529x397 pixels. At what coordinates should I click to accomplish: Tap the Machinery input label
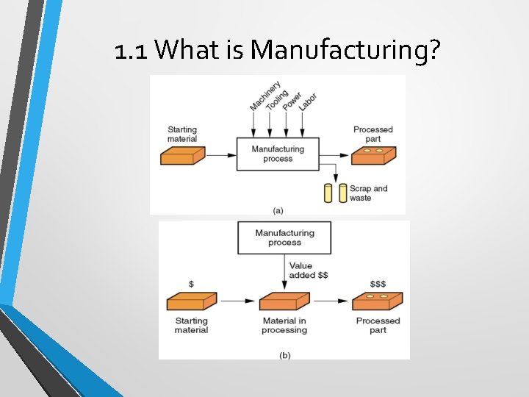coord(258,97)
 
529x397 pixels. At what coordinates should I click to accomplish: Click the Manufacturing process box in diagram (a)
coord(277,154)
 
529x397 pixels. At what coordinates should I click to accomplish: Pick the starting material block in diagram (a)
coord(182,156)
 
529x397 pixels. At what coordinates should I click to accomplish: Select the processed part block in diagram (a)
coord(373,155)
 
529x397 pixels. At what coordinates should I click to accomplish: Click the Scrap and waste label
coord(369,193)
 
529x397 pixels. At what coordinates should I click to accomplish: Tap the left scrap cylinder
coord(328,193)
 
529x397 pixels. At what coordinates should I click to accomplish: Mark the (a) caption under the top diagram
coord(278,210)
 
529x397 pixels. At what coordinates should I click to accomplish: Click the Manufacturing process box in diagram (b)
coord(284,237)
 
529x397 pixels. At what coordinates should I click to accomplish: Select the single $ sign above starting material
coord(192,284)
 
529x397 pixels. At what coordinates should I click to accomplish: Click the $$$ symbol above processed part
coord(378,284)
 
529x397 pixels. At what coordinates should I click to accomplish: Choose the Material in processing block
coord(284,302)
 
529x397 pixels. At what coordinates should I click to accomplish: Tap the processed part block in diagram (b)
coord(378,302)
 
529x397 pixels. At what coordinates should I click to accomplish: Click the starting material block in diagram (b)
coord(191,302)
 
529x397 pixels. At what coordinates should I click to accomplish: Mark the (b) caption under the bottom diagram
coord(284,354)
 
